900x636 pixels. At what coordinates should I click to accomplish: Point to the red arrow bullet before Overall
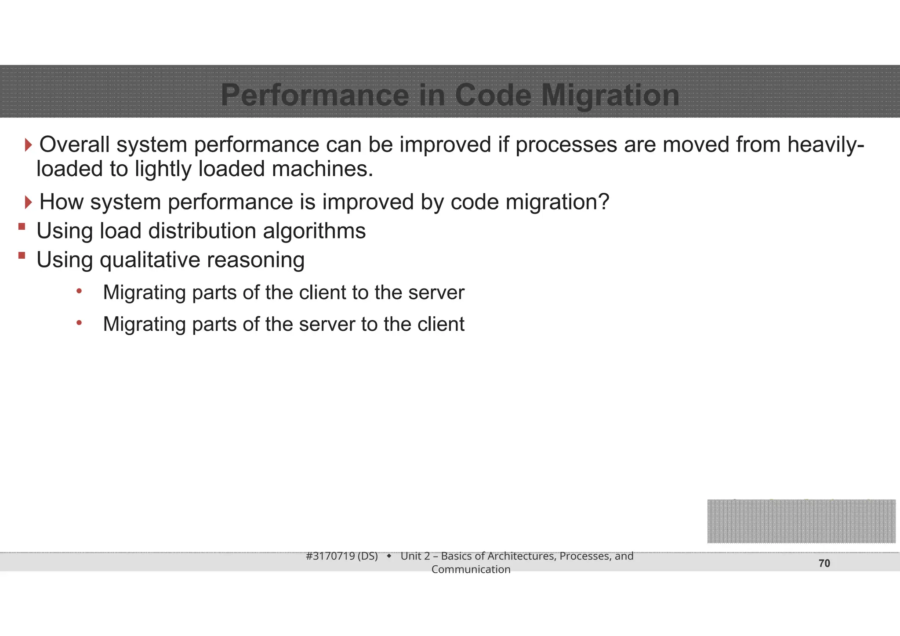click(29, 145)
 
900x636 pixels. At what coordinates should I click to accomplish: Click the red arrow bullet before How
click(29, 202)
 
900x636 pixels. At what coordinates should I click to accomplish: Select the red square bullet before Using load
click(22, 227)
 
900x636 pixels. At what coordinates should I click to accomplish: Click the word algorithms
click(314, 231)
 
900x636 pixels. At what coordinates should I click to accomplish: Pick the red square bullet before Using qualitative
click(22, 255)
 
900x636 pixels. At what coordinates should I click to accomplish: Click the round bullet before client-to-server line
click(79, 291)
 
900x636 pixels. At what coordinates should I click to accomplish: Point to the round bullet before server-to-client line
click(79, 323)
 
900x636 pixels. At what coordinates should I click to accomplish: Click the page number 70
click(824, 564)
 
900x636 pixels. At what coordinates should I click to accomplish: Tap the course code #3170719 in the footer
click(330, 556)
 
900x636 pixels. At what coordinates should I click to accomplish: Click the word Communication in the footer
click(471, 569)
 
